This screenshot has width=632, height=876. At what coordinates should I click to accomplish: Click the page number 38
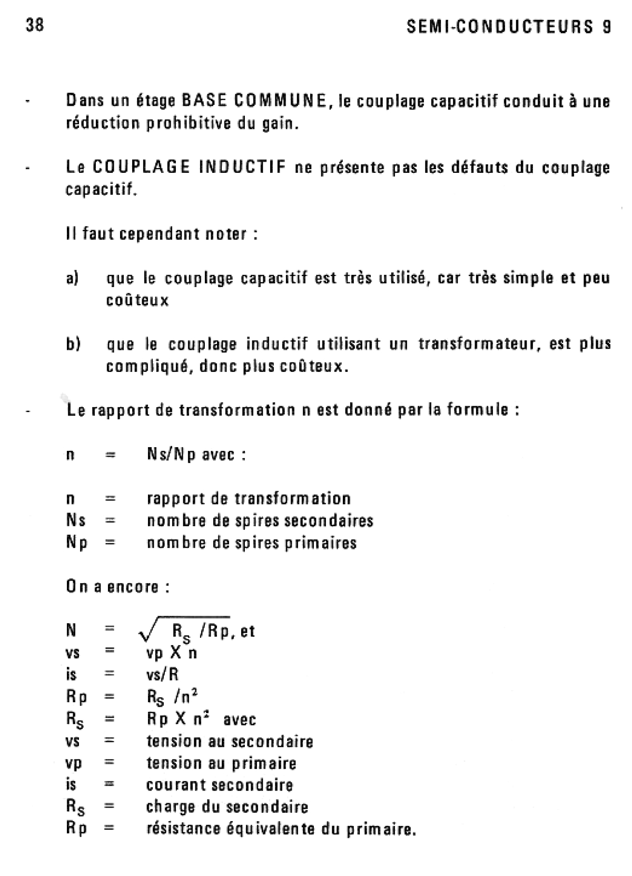coord(35,25)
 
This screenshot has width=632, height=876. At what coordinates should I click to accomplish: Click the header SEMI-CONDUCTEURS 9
coord(509,27)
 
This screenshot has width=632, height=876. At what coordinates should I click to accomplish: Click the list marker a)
coord(72,278)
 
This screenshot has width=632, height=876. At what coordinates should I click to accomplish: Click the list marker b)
coord(73,344)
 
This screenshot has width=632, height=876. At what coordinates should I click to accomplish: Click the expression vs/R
coord(163,674)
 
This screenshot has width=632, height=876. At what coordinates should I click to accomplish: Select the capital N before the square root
coord(71,631)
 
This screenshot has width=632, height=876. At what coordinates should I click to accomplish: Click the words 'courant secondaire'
coord(219,785)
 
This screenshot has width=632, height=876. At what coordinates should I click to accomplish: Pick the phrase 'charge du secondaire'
coord(227,806)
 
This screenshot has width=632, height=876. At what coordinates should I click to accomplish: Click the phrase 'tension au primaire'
coord(221,763)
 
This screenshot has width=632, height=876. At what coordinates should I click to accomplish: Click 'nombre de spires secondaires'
coord(260,520)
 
